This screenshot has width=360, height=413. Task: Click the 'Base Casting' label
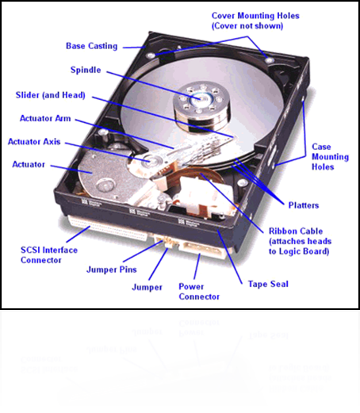[91, 46]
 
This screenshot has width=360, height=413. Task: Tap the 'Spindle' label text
[86, 70]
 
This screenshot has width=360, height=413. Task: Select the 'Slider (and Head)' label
[50, 95]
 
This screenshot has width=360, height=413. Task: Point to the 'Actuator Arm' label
[45, 118]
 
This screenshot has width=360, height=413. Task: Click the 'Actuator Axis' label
[34, 142]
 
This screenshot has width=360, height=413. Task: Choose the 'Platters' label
[304, 205]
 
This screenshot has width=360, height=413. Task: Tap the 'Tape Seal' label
[268, 284]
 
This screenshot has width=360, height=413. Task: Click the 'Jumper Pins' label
[112, 270]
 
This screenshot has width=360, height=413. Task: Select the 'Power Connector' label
[199, 292]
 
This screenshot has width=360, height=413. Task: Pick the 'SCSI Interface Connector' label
[49, 255]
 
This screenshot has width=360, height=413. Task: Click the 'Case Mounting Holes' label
[330, 157]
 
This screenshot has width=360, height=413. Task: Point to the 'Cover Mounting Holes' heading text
[255, 16]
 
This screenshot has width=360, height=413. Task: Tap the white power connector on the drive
[201, 250]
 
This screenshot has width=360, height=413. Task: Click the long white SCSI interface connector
[107, 228]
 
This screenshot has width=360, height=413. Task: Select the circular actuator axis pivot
[149, 161]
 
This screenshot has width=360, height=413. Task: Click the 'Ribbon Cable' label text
[296, 231]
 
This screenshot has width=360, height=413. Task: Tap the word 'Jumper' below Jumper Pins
[147, 287]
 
